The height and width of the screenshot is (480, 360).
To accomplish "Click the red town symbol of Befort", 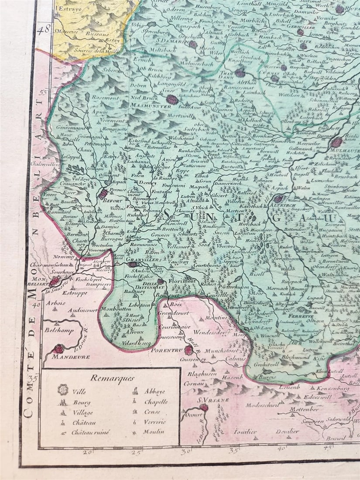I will [x=103, y=193].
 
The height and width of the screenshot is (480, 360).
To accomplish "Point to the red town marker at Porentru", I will [x=188, y=350].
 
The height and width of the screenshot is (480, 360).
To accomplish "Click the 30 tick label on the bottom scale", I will [x=186, y=452].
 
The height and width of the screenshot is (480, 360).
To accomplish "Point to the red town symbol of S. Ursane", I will [x=204, y=407].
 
